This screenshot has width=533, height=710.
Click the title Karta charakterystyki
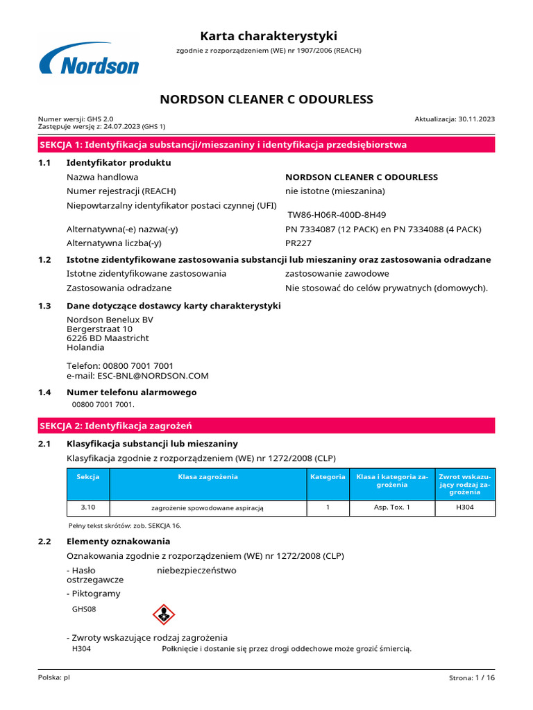click(x=269, y=36)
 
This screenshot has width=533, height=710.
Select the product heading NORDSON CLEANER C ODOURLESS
click(x=266, y=99)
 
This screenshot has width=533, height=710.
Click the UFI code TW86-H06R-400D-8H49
click(x=337, y=215)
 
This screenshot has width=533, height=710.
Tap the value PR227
click(x=298, y=243)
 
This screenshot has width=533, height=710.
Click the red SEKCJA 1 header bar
click(x=266, y=144)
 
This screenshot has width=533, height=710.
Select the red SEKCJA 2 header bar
click(x=266, y=425)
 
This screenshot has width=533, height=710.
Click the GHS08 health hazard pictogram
click(x=163, y=614)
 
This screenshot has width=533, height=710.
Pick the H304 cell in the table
click(x=464, y=508)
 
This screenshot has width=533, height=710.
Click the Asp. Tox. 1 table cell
click(x=392, y=508)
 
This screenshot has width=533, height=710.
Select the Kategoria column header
click(x=328, y=477)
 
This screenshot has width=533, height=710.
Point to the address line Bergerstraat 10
click(x=99, y=329)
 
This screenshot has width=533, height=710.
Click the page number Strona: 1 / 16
click(x=472, y=677)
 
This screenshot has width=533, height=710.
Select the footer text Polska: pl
click(x=54, y=677)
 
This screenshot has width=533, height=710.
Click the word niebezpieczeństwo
click(x=196, y=570)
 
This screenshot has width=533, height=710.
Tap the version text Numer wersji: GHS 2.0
click(x=76, y=119)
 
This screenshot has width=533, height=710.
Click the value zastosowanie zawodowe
click(x=337, y=273)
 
